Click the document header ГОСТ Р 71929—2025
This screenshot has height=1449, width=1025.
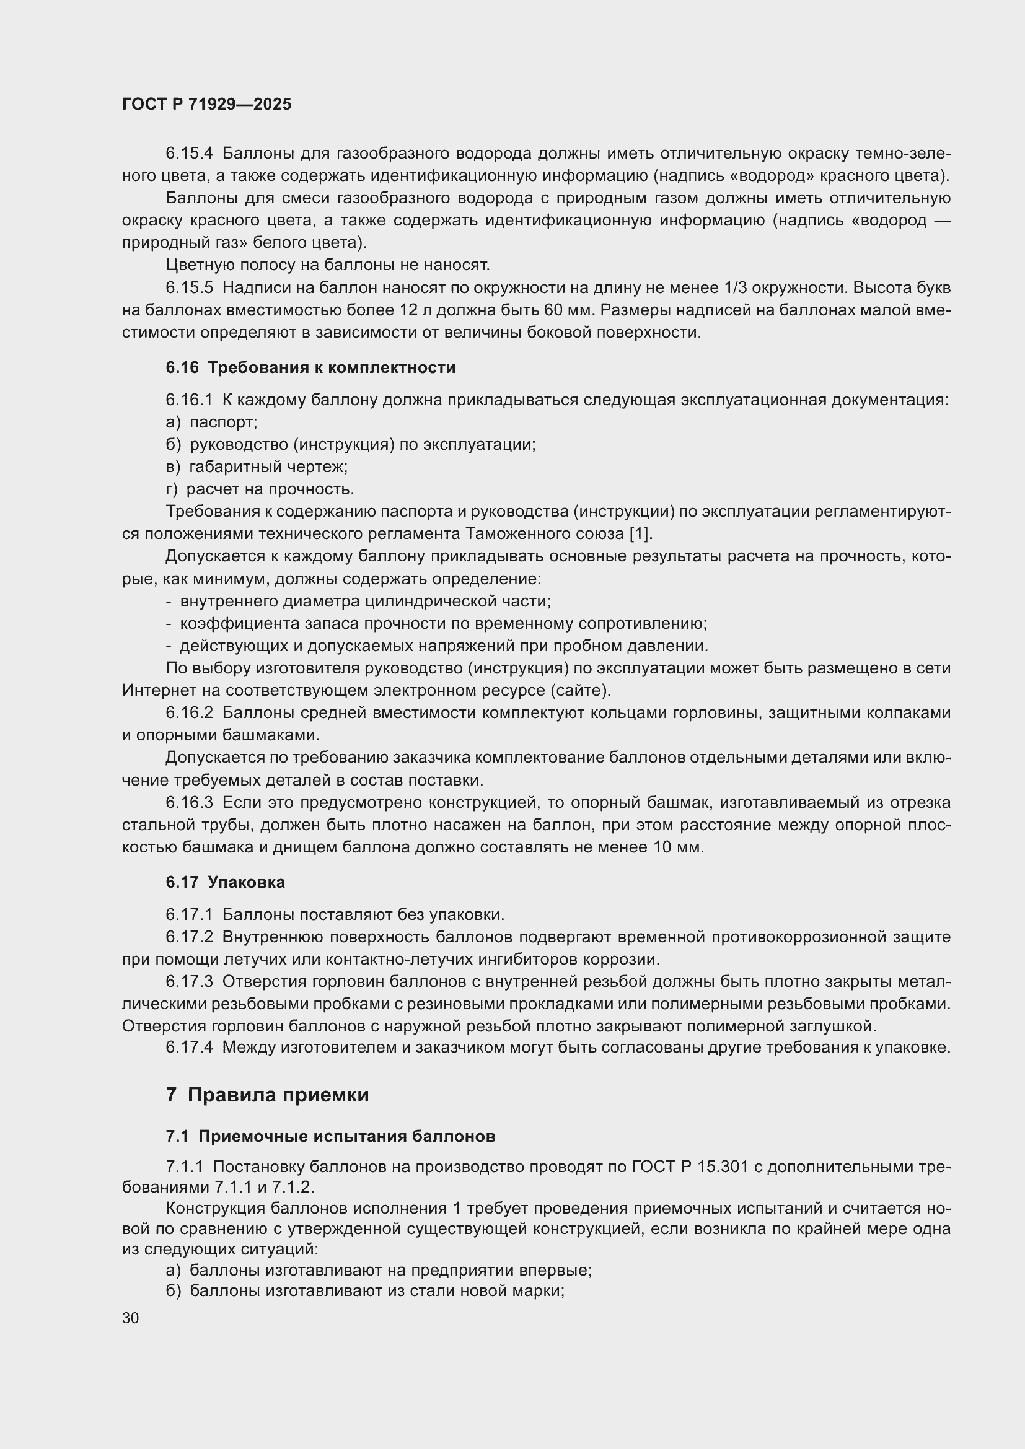(206, 104)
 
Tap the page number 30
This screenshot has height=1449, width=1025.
(131, 1318)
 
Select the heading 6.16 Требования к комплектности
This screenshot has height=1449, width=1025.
(310, 368)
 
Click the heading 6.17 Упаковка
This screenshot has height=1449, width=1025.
(226, 882)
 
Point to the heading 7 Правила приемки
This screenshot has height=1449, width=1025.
(267, 1095)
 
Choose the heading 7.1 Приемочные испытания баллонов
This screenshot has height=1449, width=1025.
(330, 1137)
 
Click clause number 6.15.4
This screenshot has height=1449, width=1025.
(190, 154)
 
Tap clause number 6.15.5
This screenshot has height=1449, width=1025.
(190, 288)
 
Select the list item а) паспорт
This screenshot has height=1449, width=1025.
(211, 422)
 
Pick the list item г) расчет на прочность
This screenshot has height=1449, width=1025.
(260, 489)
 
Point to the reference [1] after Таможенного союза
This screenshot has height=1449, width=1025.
(640, 534)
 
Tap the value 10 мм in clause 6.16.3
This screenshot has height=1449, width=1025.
(676, 847)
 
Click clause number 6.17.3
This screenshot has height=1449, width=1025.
(190, 982)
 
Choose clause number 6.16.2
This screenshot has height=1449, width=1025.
(190, 713)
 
